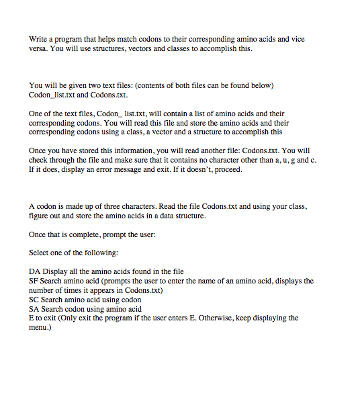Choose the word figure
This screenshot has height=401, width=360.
click(39, 216)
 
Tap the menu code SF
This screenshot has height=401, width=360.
click(35, 281)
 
